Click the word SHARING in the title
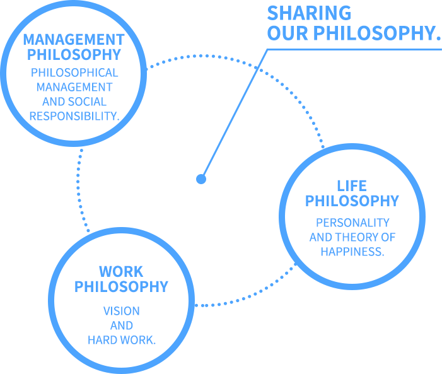click(309, 13)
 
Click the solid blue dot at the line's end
click(201, 178)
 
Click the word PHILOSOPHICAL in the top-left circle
click(74, 73)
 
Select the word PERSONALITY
click(352, 223)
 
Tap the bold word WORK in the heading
click(121, 272)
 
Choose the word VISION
click(122, 311)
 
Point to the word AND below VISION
click(122, 325)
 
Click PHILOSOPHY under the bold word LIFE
click(352, 201)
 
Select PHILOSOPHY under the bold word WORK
click(121, 287)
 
